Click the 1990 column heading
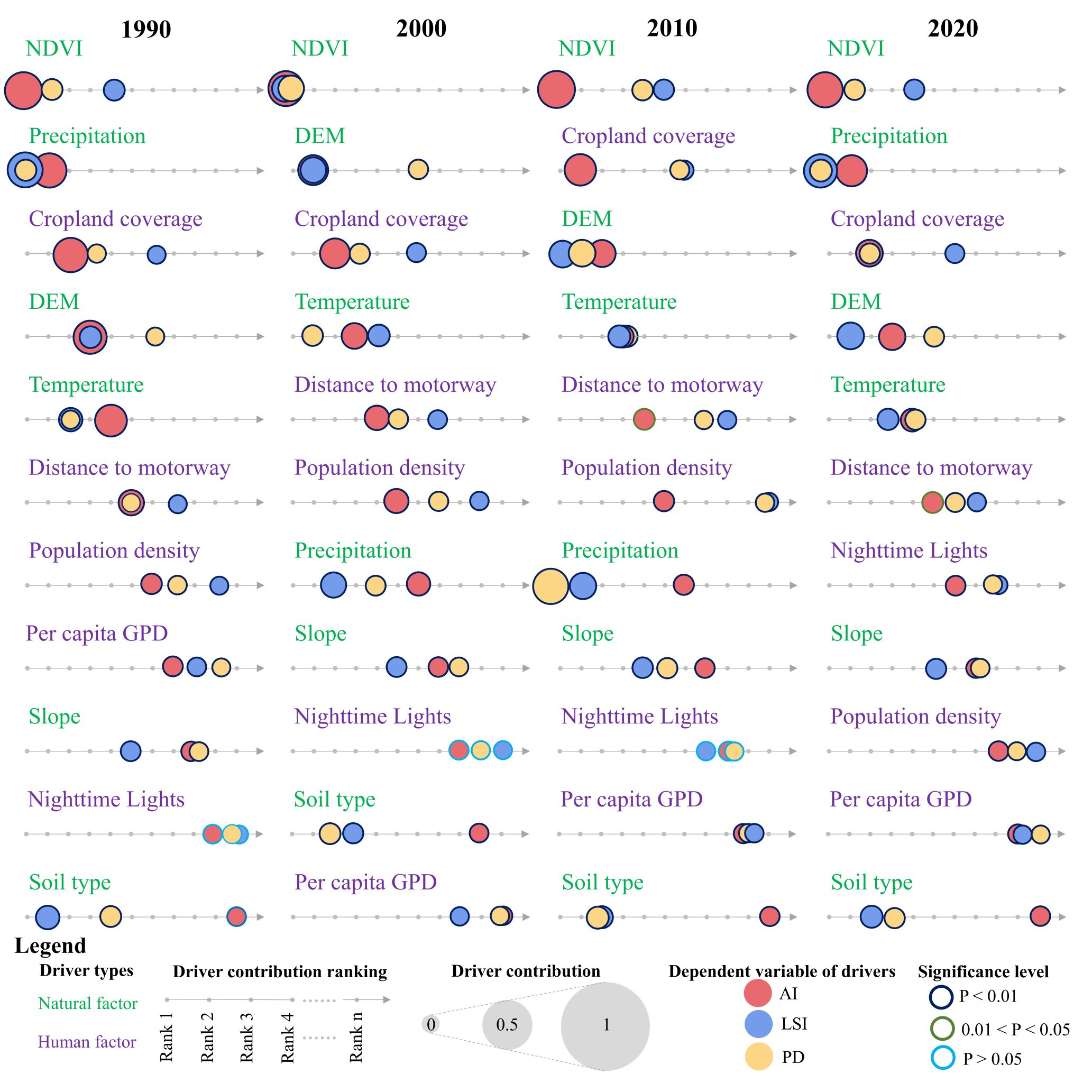click(x=146, y=29)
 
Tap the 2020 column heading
click(x=952, y=28)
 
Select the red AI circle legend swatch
click(x=757, y=993)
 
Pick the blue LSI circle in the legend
click(x=758, y=1024)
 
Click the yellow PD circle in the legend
click(x=758, y=1057)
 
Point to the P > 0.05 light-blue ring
click(x=942, y=1058)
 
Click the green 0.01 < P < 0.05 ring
click(x=942, y=1028)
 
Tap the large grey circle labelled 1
click(x=605, y=1025)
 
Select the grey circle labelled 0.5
click(x=507, y=1025)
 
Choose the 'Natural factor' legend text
click(x=87, y=1003)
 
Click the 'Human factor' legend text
click(x=87, y=1042)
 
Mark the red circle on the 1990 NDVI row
click(x=23, y=90)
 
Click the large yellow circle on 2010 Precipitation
click(x=550, y=586)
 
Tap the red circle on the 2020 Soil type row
click(x=1040, y=915)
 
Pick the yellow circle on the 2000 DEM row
click(x=418, y=169)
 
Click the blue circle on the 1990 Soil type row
click(x=48, y=917)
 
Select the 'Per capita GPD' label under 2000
click(x=365, y=882)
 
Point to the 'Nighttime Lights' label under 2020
click(x=908, y=550)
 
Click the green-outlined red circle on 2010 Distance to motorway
click(x=644, y=419)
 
